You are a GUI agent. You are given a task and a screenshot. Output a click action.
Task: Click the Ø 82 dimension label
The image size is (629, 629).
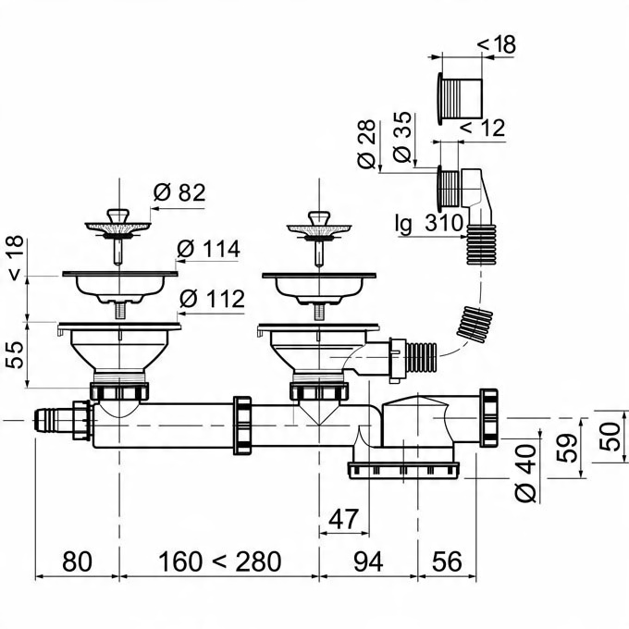(x=179, y=192)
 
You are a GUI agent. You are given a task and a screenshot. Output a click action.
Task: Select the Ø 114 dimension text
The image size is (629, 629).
(x=208, y=249)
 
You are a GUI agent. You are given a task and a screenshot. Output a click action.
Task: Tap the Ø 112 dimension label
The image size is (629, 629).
(x=212, y=299)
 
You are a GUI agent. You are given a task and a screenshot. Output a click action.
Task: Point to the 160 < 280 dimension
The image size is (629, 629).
(x=220, y=561)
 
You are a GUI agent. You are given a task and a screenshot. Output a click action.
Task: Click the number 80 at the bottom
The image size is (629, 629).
(x=77, y=561)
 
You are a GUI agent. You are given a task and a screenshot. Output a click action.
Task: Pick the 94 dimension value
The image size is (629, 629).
(x=368, y=561)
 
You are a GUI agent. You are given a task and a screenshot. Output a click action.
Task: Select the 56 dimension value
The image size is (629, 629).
(x=447, y=561)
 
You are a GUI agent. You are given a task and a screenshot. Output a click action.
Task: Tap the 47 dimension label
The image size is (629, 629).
(x=343, y=519)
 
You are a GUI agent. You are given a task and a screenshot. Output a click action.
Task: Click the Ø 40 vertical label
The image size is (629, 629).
(x=525, y=474)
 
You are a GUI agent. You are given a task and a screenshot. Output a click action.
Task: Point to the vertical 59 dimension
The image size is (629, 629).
(x=566, y=448)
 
